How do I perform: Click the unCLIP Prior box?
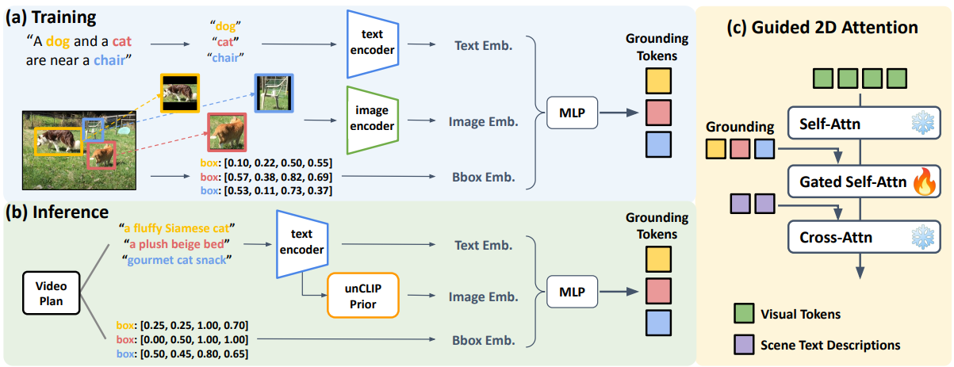[363, 296]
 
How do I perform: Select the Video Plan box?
[51, 293]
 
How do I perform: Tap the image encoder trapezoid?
[373, 120]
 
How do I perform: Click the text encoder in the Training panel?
[373, 44]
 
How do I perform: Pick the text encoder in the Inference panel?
[302, 244]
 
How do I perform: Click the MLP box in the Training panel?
[572, 113]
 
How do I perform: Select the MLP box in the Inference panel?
[572, 292]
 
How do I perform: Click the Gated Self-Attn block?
[864, 182]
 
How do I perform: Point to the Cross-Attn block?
[864, 237]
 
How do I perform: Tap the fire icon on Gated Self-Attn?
[925, 181]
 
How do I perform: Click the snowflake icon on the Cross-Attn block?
[923, 237]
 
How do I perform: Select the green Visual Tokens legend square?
[744, 313]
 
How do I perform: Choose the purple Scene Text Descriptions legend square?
[744, 345]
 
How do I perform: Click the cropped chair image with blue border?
[274, 94]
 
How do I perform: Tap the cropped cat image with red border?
[227, 132]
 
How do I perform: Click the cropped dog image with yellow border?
[180, 94]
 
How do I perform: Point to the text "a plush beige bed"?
[177, 244]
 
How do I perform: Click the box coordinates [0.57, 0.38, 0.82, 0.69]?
[278, 177]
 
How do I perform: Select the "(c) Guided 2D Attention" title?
[822, 28]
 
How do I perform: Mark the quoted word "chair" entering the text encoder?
[225, 58]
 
